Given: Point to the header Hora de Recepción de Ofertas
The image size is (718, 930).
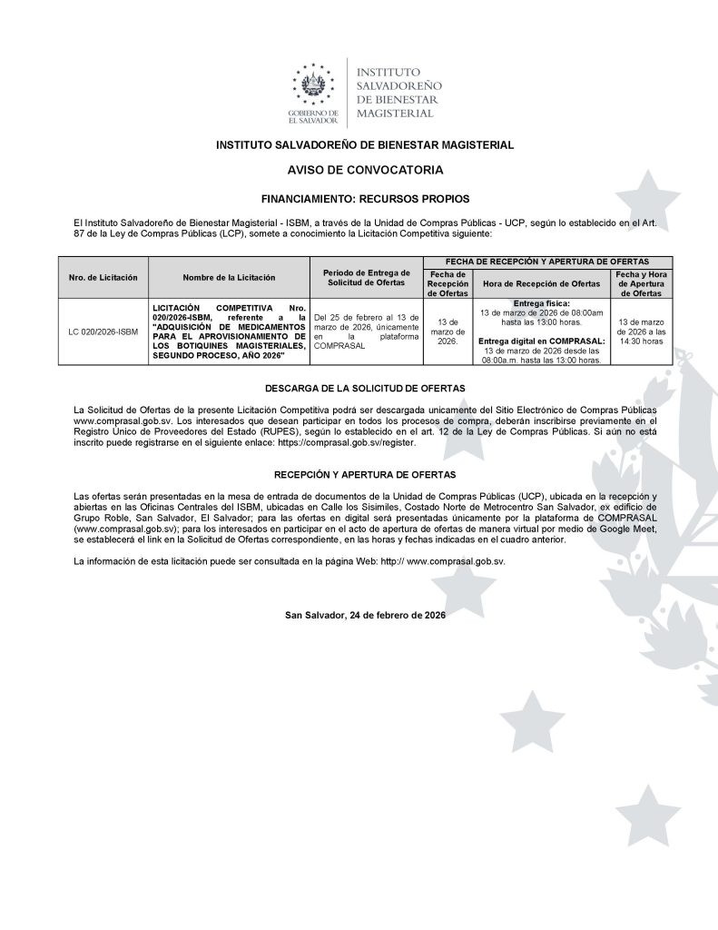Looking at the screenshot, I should click(x=540, y=283).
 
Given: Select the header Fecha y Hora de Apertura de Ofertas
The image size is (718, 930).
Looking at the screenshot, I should click(x=640, y=283).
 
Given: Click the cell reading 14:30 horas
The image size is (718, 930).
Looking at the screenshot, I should click(x=640, y=342).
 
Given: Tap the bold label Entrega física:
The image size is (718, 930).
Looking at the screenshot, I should click(x=540, y=302).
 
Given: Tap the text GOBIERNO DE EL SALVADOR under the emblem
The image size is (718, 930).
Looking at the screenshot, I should click(x=313, y=115).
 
